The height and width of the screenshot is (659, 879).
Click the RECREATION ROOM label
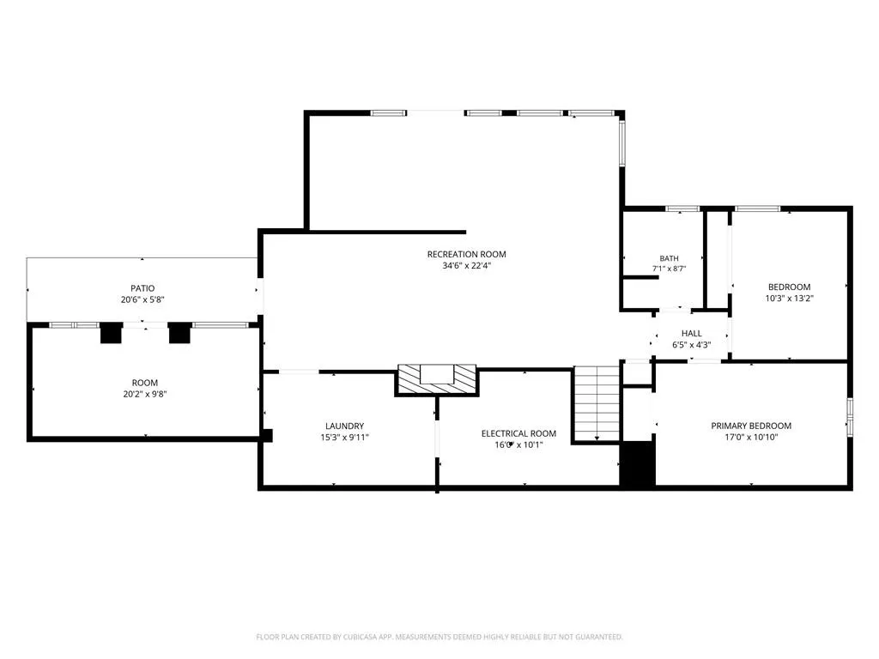click(466, 254)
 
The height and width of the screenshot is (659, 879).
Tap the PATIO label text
click(143, 288)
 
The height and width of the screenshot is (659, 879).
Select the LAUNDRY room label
click(345, 426)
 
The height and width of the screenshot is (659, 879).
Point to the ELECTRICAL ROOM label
click(518, 433)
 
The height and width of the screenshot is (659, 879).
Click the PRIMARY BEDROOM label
click(751, 426)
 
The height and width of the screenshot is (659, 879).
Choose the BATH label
click(669, 258)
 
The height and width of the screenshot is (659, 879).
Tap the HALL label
click(692, 334)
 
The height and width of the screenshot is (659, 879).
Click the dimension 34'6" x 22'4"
click(466, 266)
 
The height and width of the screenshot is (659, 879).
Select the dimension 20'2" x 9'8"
click(144, 394)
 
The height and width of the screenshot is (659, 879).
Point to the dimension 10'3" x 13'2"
click(790, 298)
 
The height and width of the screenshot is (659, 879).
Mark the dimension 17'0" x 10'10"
click(751, 437)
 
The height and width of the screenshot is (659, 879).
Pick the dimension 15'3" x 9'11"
click(345, 437)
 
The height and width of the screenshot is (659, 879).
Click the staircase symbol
click(597, 403)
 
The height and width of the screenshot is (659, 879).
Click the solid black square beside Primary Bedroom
click(638, 464)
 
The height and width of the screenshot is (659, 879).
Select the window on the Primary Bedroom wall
click(850, 417)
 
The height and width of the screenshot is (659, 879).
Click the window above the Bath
click(682, 209)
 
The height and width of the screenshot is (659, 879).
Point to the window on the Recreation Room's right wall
click(621, 143)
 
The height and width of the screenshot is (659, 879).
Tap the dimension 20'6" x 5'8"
click(143, 299)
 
